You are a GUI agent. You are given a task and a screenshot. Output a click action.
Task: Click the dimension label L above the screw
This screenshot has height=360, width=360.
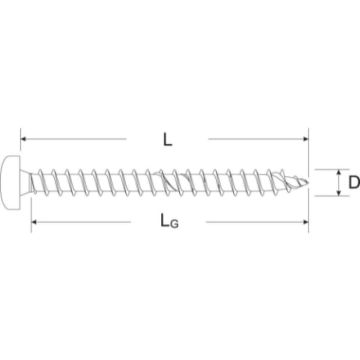(x=168, y=139)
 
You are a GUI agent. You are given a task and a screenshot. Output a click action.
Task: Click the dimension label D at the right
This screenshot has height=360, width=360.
(x=354, y=182)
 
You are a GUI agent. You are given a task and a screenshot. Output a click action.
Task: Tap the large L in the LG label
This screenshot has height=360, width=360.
(x=165, y=220)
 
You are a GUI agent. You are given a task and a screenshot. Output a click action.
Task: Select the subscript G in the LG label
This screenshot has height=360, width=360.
(x=174, y=223)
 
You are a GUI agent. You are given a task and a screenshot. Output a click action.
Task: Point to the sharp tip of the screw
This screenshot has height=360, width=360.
(x=308, y=182)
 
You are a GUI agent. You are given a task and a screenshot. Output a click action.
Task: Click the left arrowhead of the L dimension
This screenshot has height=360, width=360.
(x=23, y=139)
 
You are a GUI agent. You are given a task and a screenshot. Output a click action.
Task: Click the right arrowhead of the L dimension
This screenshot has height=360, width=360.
(x=306, y=139)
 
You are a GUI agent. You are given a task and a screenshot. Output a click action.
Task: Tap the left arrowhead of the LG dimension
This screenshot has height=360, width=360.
(x=34, y=222)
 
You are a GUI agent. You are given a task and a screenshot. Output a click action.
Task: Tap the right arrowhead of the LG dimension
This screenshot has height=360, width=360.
(x=306, y=222)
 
